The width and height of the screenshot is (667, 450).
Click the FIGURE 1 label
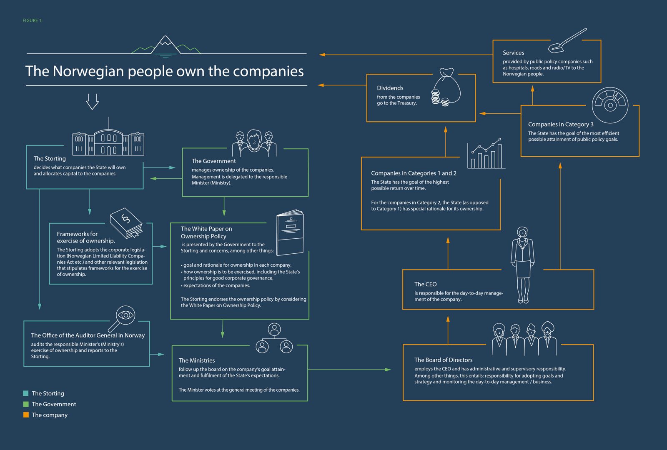click(33, 20)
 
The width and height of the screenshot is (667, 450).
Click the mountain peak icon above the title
click(165, 45)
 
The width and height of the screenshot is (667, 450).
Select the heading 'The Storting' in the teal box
click(50, 159)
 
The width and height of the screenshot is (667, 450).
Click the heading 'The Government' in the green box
click(213, 161)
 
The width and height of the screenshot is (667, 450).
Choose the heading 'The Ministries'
click(197, 360)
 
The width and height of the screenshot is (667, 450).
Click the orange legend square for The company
click(26, 415)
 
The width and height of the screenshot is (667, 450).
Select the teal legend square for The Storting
click(26, 393)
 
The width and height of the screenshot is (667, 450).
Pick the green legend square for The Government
click(26, 404)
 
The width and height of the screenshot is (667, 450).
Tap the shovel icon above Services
click(567, 40)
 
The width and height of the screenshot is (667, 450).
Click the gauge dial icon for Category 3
click(610, 105)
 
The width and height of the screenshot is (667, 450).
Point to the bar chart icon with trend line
click(486, 154)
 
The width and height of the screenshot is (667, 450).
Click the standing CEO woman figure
click(522, 264)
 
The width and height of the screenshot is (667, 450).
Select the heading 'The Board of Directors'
click(443, 360)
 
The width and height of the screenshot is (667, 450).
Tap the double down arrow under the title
click(92, 101)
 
